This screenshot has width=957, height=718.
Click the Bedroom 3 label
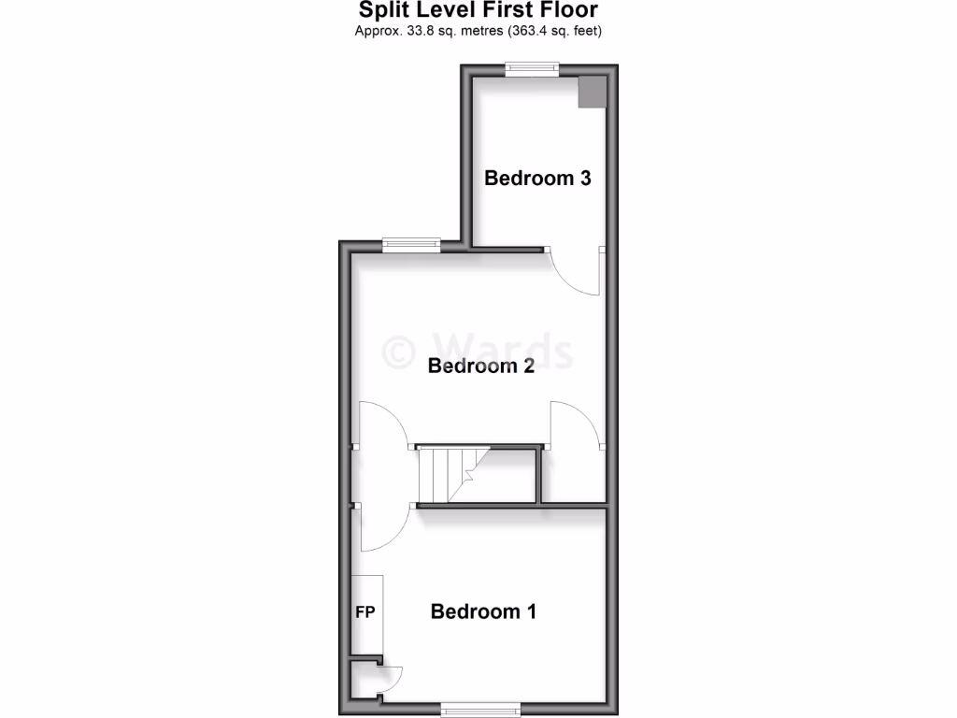coord(537,178)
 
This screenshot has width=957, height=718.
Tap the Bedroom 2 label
coord(480,366)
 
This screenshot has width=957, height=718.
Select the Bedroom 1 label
coord(483,611)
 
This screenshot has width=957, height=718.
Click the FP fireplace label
coord(365,613)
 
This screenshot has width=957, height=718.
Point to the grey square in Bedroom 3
coord(592,92)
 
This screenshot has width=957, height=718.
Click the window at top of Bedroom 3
coord(532,68)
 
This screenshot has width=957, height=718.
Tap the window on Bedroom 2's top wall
coord(411,245)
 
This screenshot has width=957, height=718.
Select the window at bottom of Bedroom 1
coord(480,709)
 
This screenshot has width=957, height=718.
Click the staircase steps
coord(448,475)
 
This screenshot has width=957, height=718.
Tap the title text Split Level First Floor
coord(478,11)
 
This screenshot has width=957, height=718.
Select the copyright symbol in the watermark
coord(399,352)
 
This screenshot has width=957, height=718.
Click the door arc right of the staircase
coord(577,426)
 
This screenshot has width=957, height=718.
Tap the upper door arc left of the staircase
coord(383,425)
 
